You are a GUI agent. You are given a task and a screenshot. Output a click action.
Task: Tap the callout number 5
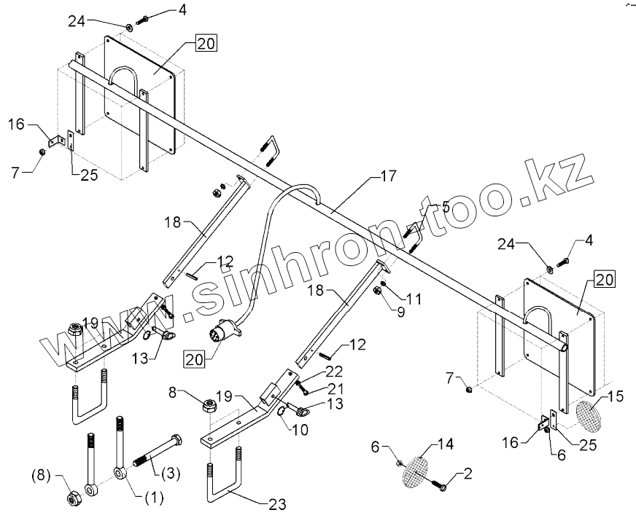[446, 207]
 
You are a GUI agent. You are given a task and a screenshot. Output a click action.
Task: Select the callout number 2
[468, 474]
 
